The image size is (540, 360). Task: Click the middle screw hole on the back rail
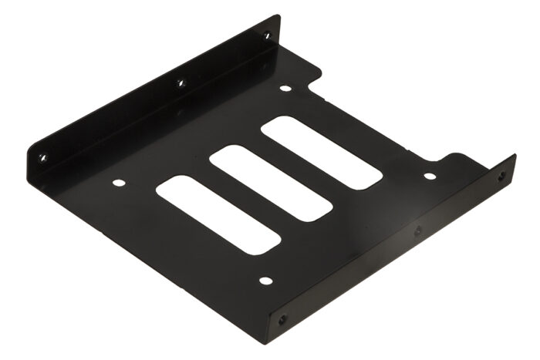(181, 82)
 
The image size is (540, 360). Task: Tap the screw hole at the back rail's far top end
(267, 35)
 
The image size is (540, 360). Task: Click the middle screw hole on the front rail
(417, 230)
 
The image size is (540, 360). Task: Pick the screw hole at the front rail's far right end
(503, 176)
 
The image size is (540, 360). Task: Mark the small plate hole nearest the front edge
(265, 281)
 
